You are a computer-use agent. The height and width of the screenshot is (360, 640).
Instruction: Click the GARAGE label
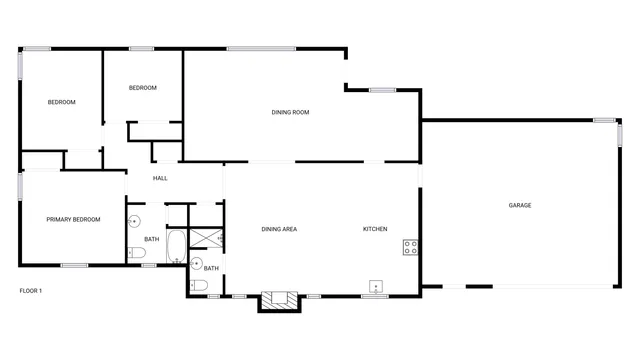click(x=520, y=205)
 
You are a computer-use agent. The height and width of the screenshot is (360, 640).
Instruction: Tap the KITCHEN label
click(x=375, y=230)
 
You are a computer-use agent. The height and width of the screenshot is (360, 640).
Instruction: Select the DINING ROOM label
click(x=290, y=112)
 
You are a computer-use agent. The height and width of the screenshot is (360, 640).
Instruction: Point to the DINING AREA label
click(x=279, y=230)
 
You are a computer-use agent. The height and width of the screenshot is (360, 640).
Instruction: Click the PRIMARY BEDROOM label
click(x=73, y=219)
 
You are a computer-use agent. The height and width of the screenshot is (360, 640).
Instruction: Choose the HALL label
click(x=160, y=178)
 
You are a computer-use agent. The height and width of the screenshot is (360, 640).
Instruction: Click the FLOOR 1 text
click(x=31, y=290)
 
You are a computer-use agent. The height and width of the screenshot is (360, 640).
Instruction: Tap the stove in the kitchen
click(x=410, y=246)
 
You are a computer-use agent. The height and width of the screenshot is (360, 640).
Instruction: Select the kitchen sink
click(x=376, y=285)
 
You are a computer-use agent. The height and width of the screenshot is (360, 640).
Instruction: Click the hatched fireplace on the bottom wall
click(x=279, y=298)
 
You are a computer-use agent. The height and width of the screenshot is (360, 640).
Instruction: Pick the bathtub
click(x=175, y=246)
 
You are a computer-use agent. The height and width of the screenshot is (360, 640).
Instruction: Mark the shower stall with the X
click(x=206, y=237)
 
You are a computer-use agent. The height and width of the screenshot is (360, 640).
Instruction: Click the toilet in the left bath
click(x=137, y=254)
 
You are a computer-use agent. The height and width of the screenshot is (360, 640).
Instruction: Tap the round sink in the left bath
click(x=134, y=223)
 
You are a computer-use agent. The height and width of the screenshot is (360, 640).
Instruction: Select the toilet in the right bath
click(x=198, y=286)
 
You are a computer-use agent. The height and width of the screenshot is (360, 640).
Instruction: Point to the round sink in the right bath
click(x=197, y=263)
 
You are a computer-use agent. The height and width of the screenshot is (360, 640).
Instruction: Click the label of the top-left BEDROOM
click(x=62, y=102)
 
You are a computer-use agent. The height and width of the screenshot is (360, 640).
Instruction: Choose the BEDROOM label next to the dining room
click(x=143, y=88)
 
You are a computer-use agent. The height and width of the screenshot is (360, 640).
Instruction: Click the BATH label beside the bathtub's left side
click(x=151, y=239)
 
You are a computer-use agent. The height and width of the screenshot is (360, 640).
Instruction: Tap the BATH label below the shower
click(x=211, y=268)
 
